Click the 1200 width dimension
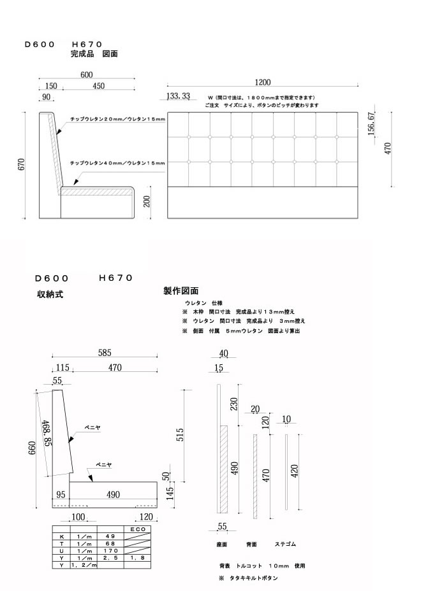(x=262, y=82)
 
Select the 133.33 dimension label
(x=178, y=96)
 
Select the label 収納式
(x=50, y=295)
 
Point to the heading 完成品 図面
(x=94, y=55)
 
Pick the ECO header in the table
(x=138, y=529)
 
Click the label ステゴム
(x=284, y=545)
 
